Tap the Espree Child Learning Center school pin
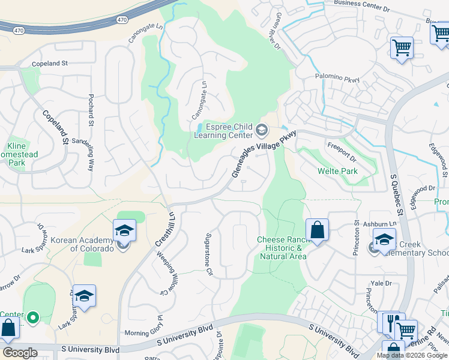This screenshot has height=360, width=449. pyautogui.click(x=262, y=130)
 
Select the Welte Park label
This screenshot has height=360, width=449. pyautogui.click(x=337, y=171)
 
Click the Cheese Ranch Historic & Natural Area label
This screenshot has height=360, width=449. pyautogui.click(x=282, y=248)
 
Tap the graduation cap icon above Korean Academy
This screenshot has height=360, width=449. pyautogui.click(x=124, y=230)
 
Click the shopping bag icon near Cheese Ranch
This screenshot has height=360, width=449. pyautogui.click(x=317, y=230)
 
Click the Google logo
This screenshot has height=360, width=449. pyautogui.click(x=20, y=352)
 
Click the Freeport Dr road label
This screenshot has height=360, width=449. pyautogui.click(x=342, y=152)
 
